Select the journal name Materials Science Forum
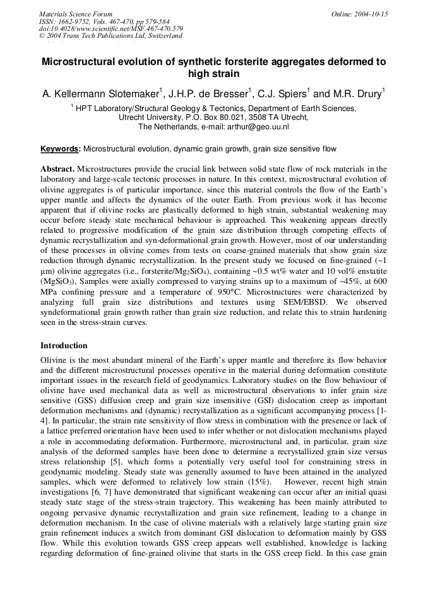pos(76,14)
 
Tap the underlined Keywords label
pos(60,150)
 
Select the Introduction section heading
pos(64,346)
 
